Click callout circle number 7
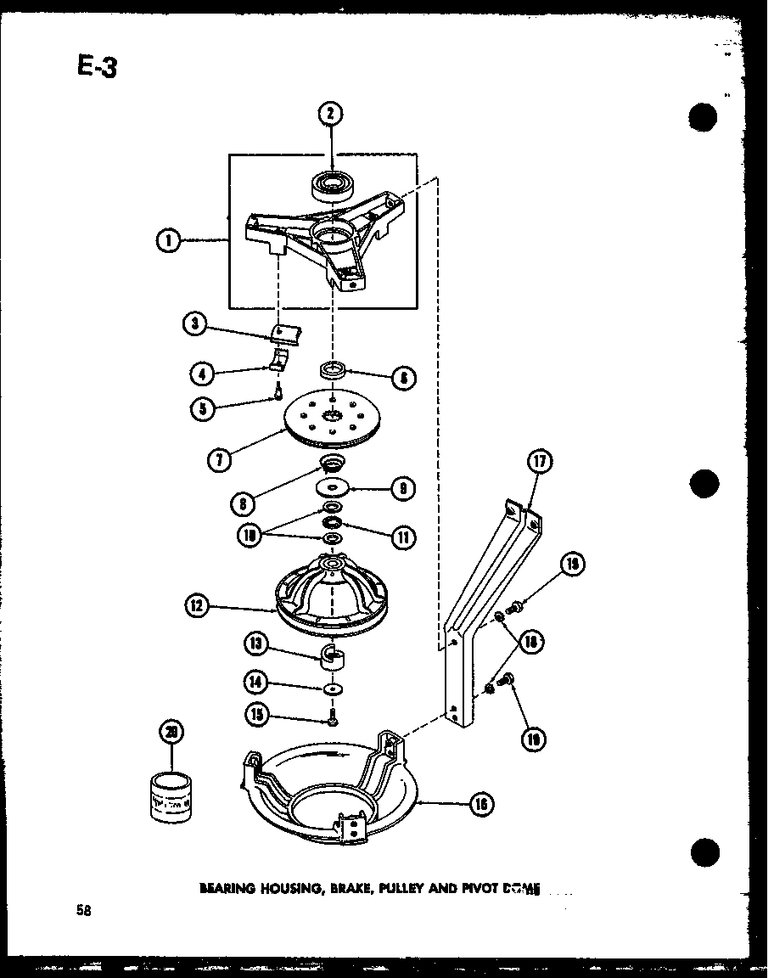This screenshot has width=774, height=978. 220,460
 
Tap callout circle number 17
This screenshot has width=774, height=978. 539,463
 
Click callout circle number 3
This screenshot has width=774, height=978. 194,323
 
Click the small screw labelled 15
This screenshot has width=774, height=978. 333,719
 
